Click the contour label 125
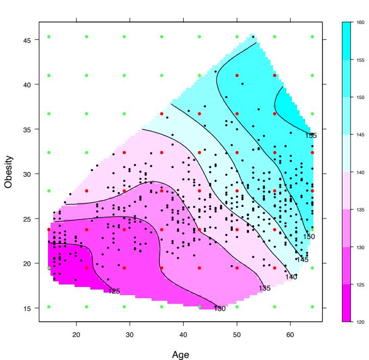point(114,292)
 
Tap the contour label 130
point(219,308)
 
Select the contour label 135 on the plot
point(264,289)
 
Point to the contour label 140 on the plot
point(291,277)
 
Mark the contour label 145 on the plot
point(302,260)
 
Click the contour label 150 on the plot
point(309,236)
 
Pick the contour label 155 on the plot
point(311,135)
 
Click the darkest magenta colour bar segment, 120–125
point(347,303)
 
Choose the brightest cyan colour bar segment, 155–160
point(347,40)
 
